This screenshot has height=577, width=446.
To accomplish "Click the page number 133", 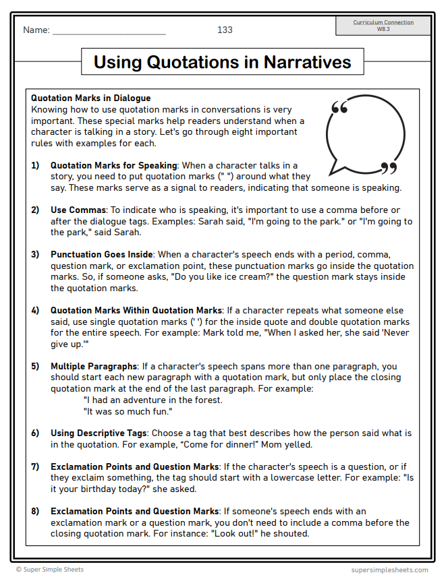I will pos(225,30).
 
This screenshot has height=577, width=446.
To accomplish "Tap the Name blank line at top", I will pos(109,31).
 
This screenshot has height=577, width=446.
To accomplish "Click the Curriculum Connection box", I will pos(383,26).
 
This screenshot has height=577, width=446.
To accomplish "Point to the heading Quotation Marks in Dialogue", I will pos(90,98).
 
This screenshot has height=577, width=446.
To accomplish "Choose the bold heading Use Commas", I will pos(78,210).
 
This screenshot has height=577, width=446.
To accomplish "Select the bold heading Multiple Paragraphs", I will pos(94,367).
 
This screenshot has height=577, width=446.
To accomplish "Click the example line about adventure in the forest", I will pos(152,400).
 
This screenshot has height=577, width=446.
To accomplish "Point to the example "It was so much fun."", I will pos(128,411).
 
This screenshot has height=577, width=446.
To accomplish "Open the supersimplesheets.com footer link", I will pos(390,570).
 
